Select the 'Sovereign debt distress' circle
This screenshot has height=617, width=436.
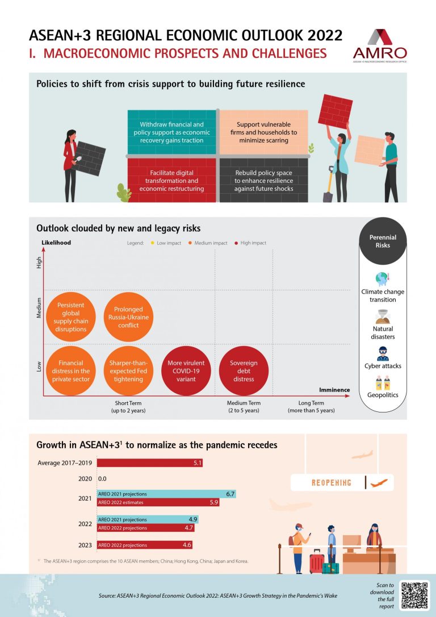click(x=244, y=370)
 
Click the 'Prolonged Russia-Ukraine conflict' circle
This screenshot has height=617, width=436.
click(x=128, y=317)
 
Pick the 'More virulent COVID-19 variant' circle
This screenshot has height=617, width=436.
click(x=186, y=370)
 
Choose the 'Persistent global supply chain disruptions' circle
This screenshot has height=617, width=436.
click(x=71, y=317)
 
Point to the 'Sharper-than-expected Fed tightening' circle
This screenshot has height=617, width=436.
click(x=128, y=370)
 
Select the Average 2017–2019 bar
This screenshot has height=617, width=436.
click(x=149, y=463)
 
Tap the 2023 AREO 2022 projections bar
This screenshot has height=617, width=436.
click(x=145, y=545)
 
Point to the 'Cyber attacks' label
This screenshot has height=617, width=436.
click(x=383, y=366)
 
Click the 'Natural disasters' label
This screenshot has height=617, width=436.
click(x=383, y=332)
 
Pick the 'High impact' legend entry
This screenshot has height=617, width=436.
click(x=251, y=243)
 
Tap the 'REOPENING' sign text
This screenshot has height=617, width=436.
click(x=332, y=483)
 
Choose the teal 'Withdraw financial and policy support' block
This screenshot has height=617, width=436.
click(x=171, y=132)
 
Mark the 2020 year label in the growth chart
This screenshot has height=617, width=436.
click(x=85, y=479)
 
